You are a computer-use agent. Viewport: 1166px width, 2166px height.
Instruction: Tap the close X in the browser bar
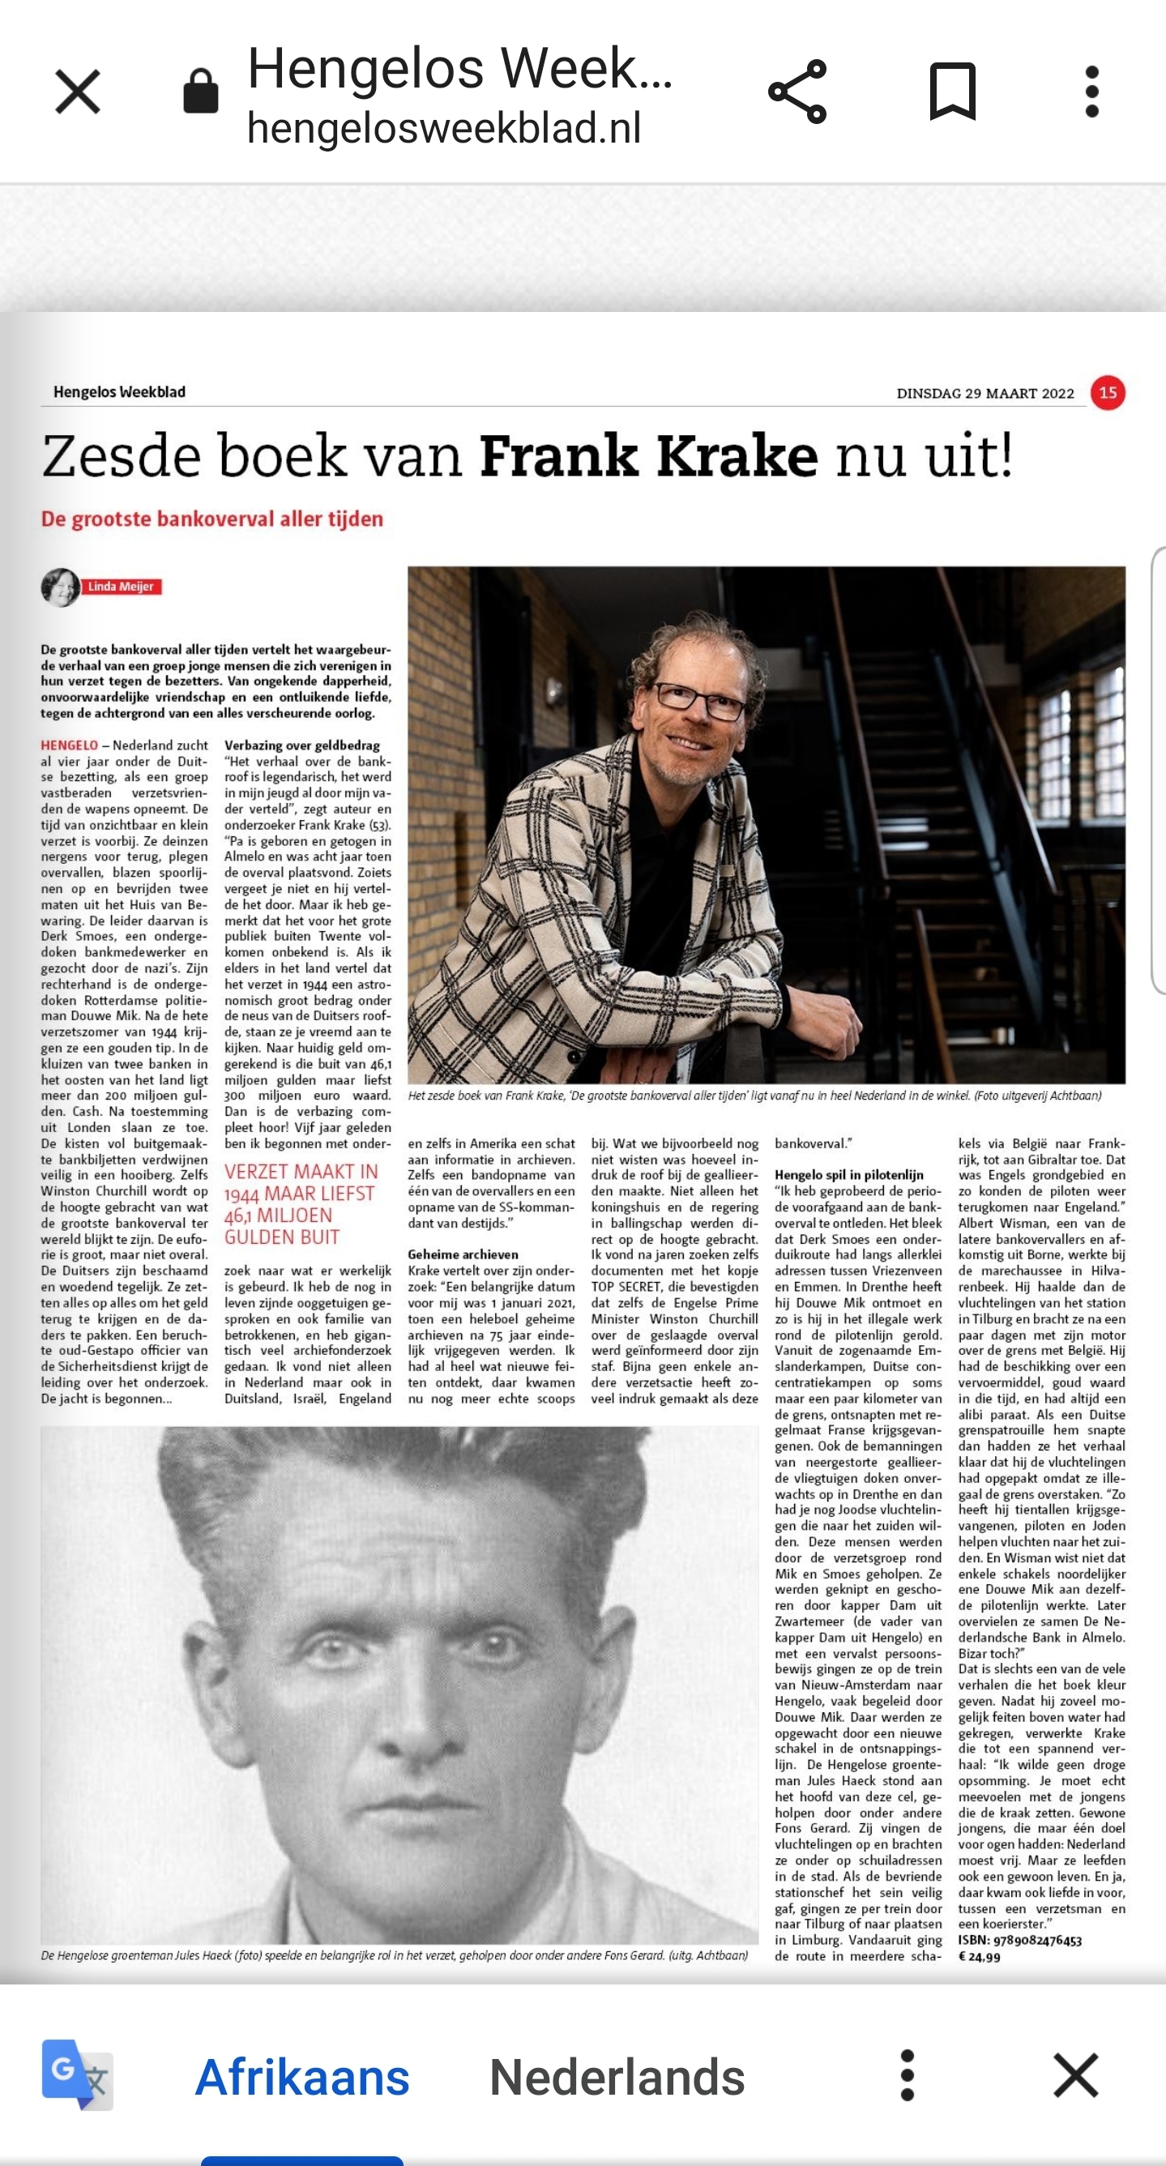[77, 92]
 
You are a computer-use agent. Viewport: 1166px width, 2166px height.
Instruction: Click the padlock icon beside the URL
[201, 92]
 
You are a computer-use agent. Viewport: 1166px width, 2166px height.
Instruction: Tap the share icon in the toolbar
[797, 92]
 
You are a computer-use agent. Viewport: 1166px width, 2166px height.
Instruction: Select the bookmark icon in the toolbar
[951, 92]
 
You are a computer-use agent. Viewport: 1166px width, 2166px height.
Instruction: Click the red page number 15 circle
[1108, 393]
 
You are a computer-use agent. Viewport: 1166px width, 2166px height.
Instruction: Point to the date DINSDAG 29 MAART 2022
[985, 394]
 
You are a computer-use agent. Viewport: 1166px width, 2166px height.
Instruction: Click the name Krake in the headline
[737, 456]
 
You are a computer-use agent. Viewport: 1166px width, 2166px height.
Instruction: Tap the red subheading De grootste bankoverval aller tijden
[211, 519]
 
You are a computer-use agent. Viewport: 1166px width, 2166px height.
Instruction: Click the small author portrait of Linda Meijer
[60, 587]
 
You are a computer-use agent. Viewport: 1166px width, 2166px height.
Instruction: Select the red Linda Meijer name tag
[121, 587]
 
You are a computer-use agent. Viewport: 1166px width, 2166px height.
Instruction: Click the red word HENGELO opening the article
[69, 745]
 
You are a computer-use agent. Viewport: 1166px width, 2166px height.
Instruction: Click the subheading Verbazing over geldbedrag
[301, 745]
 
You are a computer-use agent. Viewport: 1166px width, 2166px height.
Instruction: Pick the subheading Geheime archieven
[463, 1254]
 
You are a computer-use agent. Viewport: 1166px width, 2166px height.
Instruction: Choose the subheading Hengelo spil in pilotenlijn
[849, 1175]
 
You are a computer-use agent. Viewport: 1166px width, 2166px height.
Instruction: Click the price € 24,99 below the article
[980, 1957]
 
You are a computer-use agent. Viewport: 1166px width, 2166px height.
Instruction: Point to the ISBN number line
[1019, 1941]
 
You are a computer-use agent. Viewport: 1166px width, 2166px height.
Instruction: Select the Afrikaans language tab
[301, 2077]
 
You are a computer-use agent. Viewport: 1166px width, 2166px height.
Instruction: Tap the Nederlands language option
[617, 2077]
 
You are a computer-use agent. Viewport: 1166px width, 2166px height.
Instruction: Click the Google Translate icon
[77, 2075]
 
